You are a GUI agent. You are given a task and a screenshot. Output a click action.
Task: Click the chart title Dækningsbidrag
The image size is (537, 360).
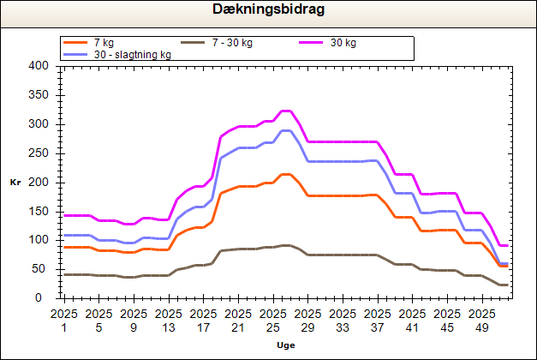pos(268,10)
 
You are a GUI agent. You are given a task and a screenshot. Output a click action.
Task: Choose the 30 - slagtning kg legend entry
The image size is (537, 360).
pos(132,55)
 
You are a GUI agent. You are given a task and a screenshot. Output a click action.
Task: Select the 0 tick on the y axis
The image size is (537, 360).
pos(44,298)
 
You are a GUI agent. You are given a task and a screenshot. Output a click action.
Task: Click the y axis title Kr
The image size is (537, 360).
pos(15,183)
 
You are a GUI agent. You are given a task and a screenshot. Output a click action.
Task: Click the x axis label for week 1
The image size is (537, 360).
pos(64,320)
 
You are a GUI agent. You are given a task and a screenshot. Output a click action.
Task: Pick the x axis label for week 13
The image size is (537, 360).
pos(169,320)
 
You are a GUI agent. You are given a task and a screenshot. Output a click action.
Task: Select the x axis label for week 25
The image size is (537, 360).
pos(273,320)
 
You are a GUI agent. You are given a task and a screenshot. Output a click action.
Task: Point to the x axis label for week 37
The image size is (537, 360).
pos(378,320)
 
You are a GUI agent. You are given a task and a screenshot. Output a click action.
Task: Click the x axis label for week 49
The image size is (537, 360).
pos(482,320)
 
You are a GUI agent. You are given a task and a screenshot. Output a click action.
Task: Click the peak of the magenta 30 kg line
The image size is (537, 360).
pos(287,111)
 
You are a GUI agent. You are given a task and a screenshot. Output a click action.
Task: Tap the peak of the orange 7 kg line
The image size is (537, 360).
pos(287,174)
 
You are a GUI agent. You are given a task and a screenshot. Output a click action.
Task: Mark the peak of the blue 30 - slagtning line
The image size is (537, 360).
pos(287,130)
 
